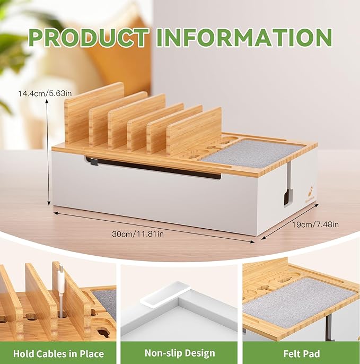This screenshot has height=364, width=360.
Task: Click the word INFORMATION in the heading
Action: coord(244,37)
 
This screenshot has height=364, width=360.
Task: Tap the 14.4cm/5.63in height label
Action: coord(45,93)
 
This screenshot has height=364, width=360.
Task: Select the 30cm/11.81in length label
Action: coord(138,234)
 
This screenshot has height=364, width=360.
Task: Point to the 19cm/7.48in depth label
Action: coord(315,224)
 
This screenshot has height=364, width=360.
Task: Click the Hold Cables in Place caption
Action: coord(58,354)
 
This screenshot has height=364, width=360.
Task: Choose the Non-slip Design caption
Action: coord(180,353)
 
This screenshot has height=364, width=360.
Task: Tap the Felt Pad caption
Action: coord(302,354)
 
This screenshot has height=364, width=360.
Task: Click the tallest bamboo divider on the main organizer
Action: coord(94,114)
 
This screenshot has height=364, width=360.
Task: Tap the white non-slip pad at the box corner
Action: coord(165,294)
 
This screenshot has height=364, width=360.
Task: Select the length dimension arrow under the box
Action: coord(154,227)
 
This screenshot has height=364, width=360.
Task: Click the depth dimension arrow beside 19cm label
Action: coord(291,221)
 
